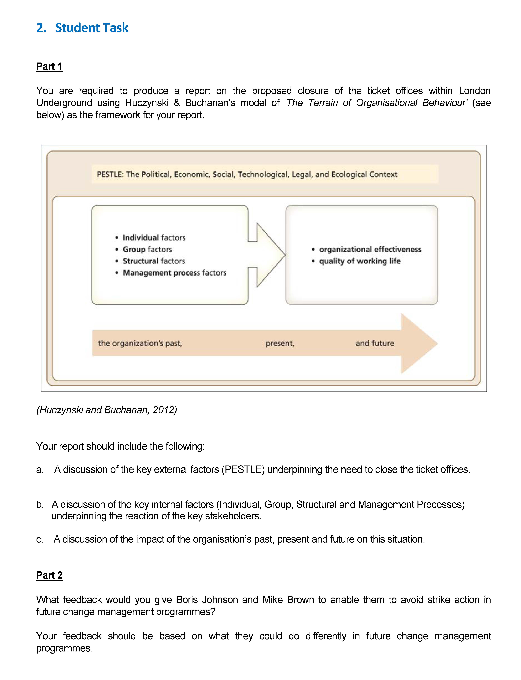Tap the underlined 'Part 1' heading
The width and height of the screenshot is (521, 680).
coord(49,66)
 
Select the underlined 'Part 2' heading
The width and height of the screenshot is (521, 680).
coord(49,575)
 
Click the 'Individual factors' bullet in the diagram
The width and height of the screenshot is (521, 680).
coord(154,237)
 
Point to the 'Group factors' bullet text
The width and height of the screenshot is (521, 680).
coord(147,249)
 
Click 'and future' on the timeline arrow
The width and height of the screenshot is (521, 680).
coord(375,343)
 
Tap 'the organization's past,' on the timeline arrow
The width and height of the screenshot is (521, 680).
coord(140,343)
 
